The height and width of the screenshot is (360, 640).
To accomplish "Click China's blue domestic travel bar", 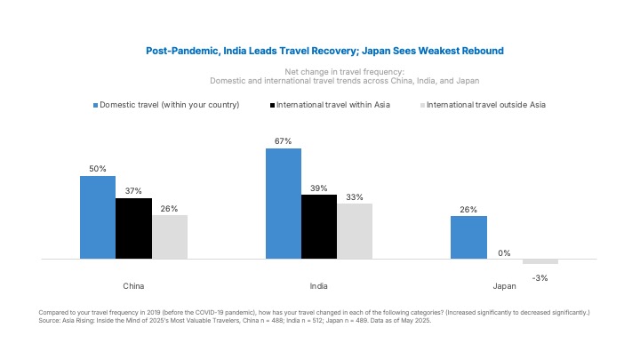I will click(98, 217).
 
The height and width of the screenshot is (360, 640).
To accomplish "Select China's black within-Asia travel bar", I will click(133, 228).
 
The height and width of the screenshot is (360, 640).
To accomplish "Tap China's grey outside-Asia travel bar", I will click(169, 236).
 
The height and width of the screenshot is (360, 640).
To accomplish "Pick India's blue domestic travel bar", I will click(284, 204).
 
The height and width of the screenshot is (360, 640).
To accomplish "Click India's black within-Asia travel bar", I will click(319, 227).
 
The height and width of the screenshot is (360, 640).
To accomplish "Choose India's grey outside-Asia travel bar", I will click(355, 231).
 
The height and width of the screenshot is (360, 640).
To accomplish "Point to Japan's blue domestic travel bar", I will click(468, 237).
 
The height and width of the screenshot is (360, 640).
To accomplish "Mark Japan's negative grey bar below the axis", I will click(540, 261).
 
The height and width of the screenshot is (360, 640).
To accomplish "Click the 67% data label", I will click(284, 141).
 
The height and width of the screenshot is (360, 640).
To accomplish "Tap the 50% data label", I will click(98, 169).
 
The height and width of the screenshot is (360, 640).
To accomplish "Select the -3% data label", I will click(540, 278).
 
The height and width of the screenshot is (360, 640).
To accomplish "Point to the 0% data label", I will click(504, 253).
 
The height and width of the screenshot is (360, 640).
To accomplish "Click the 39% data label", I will click(319, 188).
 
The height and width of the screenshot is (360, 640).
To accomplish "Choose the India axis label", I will click(319, 286).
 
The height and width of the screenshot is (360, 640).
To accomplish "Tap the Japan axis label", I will click(504, 286).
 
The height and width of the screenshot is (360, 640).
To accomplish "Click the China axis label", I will click(133, 286).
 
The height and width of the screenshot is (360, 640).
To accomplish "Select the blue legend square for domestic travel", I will click(95, 105).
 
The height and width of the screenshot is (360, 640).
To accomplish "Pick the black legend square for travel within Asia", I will click(271, 105).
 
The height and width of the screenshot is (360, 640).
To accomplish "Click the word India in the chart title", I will click(233, 52).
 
